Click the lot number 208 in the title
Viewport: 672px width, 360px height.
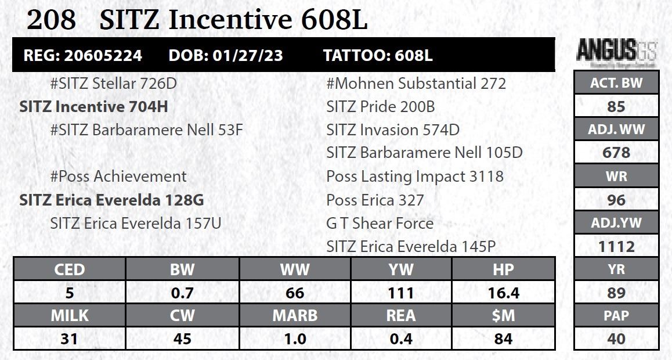pyautogui.click(x=51, y=21)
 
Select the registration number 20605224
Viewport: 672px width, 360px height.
pyautogui.click(x=103, y=56)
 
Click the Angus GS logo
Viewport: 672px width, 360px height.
pyautogui.click(x=616, y=52)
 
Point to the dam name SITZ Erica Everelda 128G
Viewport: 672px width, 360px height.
pyautogui.click(x=111, y=200)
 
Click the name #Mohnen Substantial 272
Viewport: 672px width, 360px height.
pyautogui.click(x=416, y=84)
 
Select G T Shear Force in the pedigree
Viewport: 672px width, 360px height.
pyautogui.click(x=380, y=224)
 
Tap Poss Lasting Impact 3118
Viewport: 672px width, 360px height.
pyautogui.click(x=415, y=177)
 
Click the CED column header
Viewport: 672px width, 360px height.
pyautogui.click(x=69, y=269)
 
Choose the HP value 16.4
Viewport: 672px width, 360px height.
pyautogui.click(x=503, y=293)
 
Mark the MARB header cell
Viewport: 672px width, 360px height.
pyautogui.click(x=295, y=316)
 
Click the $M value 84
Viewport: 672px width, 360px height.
pyautogui.click(x=503, y=339)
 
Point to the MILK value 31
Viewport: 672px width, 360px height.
pyautogui.click(x=69, y=339)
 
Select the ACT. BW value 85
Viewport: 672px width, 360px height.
pyautogui.click(x=616, y=107)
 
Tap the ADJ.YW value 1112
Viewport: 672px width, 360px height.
pyautogui.click(x=616, y=247)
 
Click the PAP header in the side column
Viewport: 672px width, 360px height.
pyautogui.click(x=616, y=316)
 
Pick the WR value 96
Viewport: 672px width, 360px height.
pyautogui.click(x=616, y=200)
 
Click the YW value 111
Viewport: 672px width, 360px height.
pyautogui.click(x=401, y=293)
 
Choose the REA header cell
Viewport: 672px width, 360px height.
pyautogui.click(x=401, y=316)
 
